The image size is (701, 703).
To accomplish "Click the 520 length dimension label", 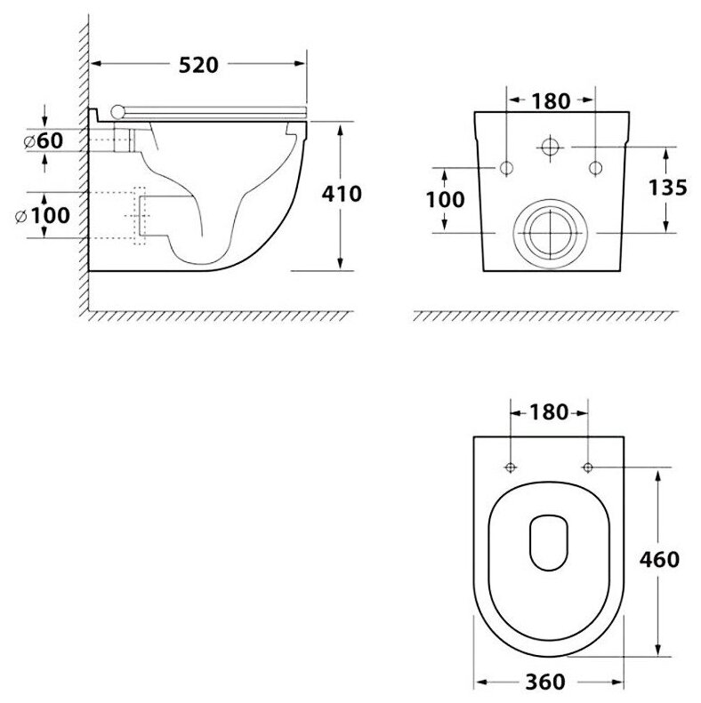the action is [198, 65].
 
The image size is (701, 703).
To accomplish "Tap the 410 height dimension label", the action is [342, 194].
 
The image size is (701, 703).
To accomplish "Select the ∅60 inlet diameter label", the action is [44, 140].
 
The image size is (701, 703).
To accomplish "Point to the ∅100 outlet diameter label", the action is [43, 216].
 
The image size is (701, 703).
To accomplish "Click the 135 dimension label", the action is [668, 188].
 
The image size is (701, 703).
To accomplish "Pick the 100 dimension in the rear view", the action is [445, 200].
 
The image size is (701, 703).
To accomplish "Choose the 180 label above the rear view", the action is [552, 101].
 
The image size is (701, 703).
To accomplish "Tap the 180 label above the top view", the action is [549, 412].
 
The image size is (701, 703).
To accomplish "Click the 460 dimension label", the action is [659, 560].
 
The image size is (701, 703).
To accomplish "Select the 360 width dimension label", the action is [545, 683].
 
